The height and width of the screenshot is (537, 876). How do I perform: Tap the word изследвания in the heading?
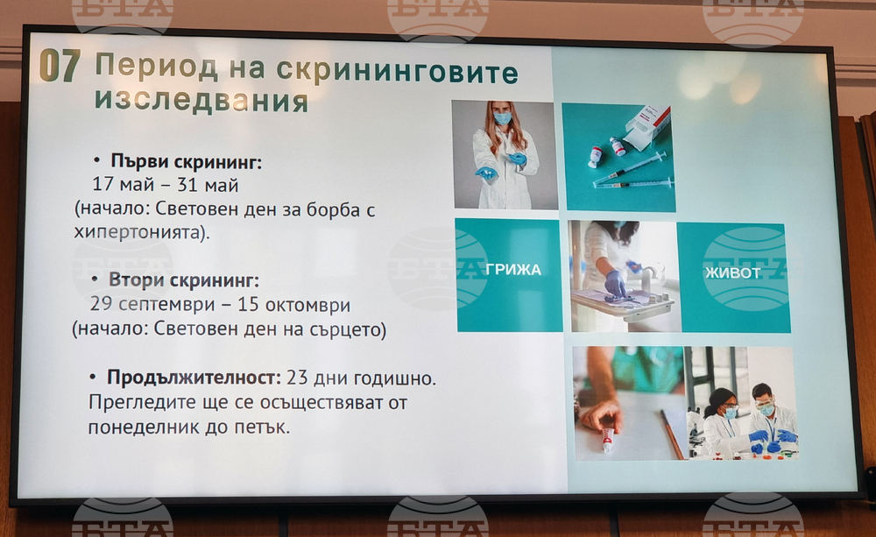(201, 100)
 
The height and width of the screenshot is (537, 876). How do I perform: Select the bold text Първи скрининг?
(186, 162)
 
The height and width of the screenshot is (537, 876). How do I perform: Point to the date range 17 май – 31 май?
(165, 186)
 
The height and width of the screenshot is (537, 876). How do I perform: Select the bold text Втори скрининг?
(185, 281)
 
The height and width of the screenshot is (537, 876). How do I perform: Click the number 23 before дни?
(298, 378)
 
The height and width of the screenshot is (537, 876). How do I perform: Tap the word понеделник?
(141, 427)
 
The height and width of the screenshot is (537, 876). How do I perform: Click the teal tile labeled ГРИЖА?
(512, 271)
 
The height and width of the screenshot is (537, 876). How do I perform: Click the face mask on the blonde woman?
(502, 118)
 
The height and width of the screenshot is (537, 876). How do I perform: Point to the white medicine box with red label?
(649, 126)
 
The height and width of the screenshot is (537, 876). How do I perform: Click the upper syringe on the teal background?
(632, 167)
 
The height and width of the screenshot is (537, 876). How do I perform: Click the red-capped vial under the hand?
(607, 439)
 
